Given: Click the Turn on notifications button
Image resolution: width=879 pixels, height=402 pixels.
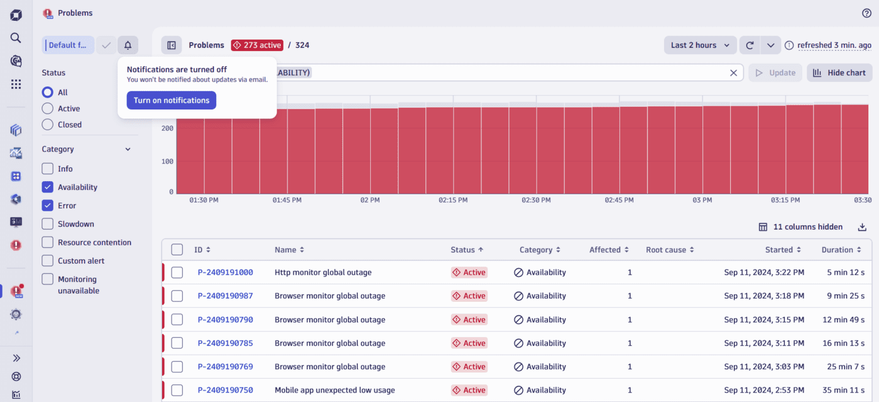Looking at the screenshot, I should (171, 101).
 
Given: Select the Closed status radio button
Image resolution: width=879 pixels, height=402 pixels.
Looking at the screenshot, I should (48, 125).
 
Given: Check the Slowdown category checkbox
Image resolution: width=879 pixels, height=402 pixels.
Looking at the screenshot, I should (48, 224).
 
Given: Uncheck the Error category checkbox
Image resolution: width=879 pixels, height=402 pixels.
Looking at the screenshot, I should (48, 206).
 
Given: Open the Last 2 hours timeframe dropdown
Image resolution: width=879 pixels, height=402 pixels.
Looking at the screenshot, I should (700, 45).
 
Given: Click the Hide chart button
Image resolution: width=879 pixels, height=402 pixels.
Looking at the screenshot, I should (839, 73).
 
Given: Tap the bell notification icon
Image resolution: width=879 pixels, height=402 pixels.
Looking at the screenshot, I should (128, 45).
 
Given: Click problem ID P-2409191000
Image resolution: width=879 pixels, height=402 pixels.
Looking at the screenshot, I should (225, 272).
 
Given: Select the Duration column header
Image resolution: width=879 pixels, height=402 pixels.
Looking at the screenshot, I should (837, 250).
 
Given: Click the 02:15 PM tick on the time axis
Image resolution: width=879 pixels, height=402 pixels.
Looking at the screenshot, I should (453, 200).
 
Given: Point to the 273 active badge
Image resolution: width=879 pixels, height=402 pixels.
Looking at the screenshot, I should (257, 45).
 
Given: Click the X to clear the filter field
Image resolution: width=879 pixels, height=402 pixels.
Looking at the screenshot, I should (733, 73).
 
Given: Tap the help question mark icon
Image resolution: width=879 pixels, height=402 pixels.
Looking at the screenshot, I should (866, 13).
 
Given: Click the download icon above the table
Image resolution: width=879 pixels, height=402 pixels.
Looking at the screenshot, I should (862, 227).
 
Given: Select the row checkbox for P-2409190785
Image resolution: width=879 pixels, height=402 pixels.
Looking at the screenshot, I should (177, 343).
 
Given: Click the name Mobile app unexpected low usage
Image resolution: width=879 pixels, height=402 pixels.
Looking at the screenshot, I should (334, 390).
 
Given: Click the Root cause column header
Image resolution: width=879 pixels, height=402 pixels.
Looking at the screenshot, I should (666, 250).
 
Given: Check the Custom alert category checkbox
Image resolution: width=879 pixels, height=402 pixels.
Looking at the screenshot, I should (48, 260).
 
